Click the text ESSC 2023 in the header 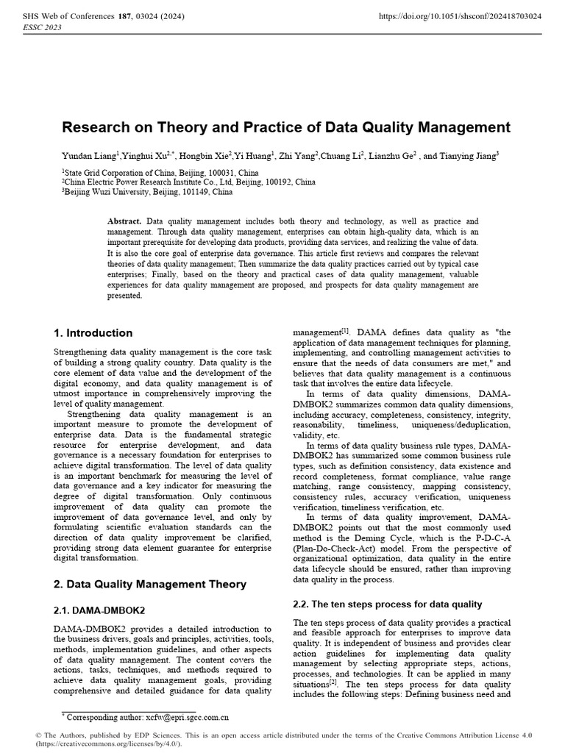tap(43, 27)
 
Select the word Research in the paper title tap(92, 127)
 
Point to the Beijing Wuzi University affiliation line tap(148, 191)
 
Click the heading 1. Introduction tap(93, 333)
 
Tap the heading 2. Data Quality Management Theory tap(150, 584)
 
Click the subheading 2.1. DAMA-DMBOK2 tap(99, 610)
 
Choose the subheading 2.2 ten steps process tap(387, 604)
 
